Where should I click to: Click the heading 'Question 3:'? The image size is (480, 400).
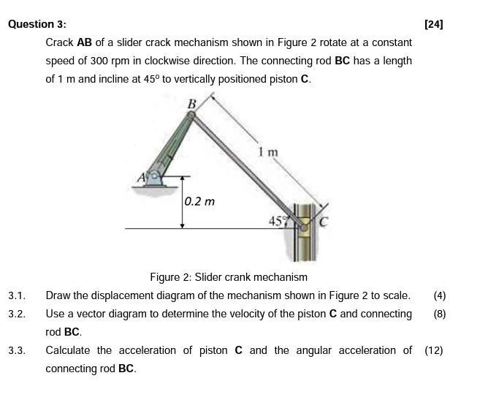37,24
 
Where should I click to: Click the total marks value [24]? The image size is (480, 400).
433,24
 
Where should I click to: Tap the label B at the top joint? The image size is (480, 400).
191,104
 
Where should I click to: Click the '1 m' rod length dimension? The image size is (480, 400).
268,152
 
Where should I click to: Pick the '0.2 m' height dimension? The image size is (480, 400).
199,201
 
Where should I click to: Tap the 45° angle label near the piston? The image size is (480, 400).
278,220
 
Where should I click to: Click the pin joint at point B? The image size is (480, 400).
191,116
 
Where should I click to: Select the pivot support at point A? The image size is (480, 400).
154,178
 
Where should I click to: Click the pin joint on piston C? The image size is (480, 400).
304,227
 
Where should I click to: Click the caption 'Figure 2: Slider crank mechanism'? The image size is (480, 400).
229,277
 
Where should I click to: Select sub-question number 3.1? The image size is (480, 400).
17,295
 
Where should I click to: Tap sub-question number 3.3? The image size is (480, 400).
17,350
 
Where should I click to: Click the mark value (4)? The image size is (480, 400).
439,295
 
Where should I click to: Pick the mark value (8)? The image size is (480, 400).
439,314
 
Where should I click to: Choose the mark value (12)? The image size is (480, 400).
434,350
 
